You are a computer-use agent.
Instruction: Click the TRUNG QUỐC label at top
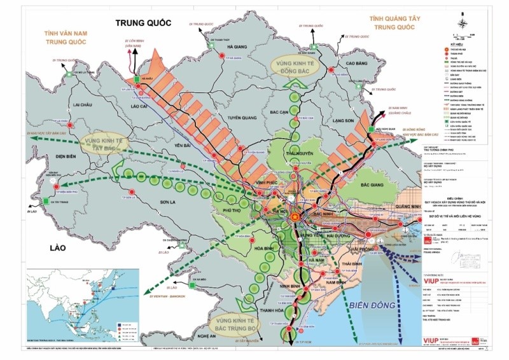[144, 23]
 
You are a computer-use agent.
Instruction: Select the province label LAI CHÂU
[85, 104]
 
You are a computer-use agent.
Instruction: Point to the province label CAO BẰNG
[358, 64]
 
